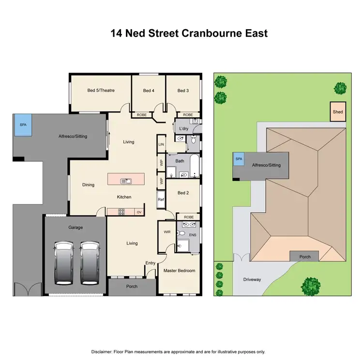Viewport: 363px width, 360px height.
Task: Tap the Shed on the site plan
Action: pos(338,112)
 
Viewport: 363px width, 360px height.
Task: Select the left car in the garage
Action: pos(64,263)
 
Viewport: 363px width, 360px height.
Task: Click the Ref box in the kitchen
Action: pos(161,200)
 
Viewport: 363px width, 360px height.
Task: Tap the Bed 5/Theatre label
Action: pos(101,91)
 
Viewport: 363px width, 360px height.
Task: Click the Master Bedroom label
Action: pos(179,270)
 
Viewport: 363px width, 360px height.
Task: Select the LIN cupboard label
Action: pos(161,144)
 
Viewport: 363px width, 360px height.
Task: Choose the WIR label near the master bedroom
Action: pos(167,232)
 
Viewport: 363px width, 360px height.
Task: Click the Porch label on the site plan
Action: pos(305,257)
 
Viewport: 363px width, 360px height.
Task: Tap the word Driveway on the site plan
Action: pos(252,280)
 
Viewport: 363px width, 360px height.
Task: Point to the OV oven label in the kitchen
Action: pos(139,212)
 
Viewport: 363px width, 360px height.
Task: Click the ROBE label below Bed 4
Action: pos(142,115)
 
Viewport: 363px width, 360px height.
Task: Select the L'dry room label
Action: pos(183,128)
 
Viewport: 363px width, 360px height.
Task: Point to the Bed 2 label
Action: pos(182,193)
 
